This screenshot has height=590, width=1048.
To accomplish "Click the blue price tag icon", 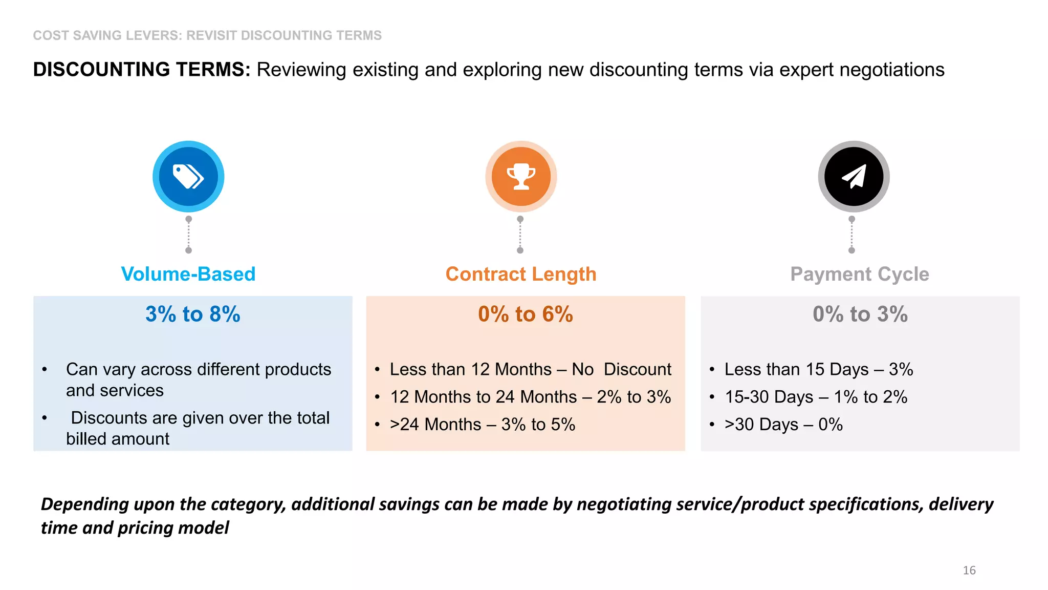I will tap(188, 177).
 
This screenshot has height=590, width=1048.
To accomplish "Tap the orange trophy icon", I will tap(521, 177).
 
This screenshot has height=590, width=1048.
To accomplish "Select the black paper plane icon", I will tap(854, 177).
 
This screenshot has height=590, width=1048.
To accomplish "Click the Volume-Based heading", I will tap(188, 274).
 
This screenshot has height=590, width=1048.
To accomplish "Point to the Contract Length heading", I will tap(521, 274).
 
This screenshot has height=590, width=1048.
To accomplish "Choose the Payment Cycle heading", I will tap(860, 274).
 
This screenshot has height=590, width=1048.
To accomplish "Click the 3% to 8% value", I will tap(193, 314).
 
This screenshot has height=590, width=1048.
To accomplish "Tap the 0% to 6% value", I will tap(526, 314).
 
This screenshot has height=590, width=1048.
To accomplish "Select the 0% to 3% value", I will tap(860, 314).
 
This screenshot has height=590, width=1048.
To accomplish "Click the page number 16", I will tap(969, 570).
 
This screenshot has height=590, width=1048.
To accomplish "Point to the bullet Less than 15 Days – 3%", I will tap(819, 369).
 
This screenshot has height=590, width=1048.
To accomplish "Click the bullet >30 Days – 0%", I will tap(783, 425).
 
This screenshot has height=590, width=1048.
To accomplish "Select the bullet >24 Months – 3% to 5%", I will tap(483, 425).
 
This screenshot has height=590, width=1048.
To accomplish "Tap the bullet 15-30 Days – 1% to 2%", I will tap(816, 397).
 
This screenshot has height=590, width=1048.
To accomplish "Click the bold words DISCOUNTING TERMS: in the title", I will tap(142, 70).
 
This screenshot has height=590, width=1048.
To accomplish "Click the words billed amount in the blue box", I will tap(118, 439).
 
